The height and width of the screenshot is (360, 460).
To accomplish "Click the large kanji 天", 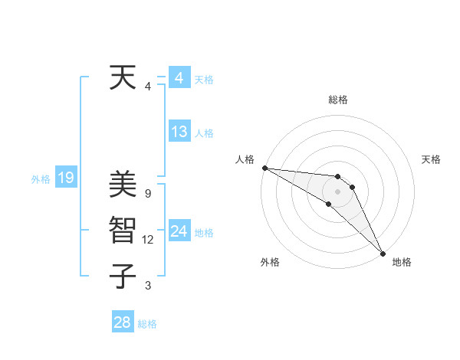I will (123, 78).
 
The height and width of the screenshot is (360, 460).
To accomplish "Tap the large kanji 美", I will (123, 185).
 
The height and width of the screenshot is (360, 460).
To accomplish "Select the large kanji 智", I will (123, 231).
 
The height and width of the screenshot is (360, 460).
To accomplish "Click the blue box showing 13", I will (179, 132).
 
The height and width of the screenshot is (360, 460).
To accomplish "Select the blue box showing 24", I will (179, 231).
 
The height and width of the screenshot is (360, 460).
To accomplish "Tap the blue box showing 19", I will (65, 178).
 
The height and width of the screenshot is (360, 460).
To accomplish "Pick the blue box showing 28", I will (122, 322).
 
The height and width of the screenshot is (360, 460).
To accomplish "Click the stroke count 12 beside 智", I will (148, 240).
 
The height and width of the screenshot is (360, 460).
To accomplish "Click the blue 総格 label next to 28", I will (147, 324).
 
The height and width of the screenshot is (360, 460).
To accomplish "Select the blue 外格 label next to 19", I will (41, 179).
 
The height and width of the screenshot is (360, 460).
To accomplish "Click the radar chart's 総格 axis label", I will (338, 100).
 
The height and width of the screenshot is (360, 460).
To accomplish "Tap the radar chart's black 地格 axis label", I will (402, 262).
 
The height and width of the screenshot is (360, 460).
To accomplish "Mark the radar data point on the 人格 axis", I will (264, 168).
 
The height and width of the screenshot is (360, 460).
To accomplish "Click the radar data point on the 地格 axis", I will (382, 252).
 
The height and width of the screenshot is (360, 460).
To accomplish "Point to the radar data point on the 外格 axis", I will (329, 204).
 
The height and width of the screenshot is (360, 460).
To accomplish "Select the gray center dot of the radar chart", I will (338, 191).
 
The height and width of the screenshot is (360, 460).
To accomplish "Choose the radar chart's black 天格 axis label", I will (432, 159).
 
